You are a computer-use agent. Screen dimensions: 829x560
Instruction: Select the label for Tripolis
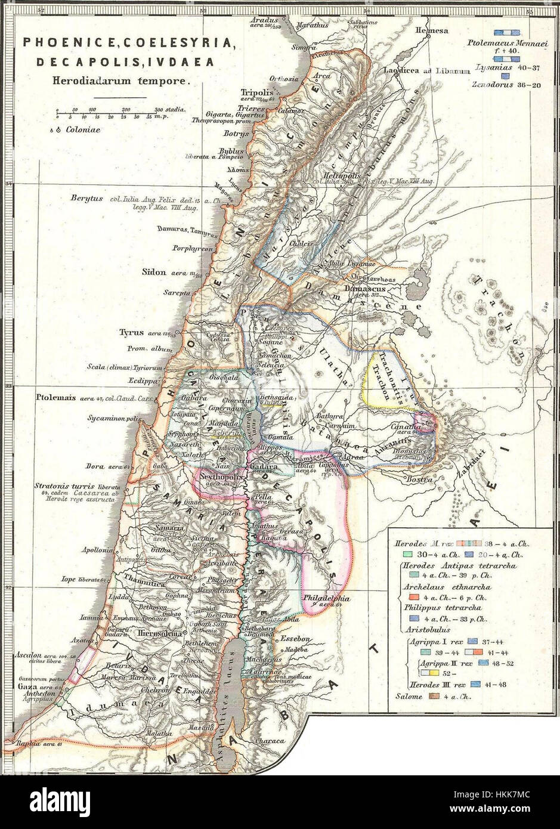click(x=256, y=93)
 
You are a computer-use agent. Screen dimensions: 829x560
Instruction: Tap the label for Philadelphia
click(x=326, y=598)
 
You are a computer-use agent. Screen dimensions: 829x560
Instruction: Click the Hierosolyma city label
click(x=159, y=634)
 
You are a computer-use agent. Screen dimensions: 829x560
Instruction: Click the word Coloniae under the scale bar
click(x=83, y=129)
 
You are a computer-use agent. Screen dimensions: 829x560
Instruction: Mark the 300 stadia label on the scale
click(x=169, y=110)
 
